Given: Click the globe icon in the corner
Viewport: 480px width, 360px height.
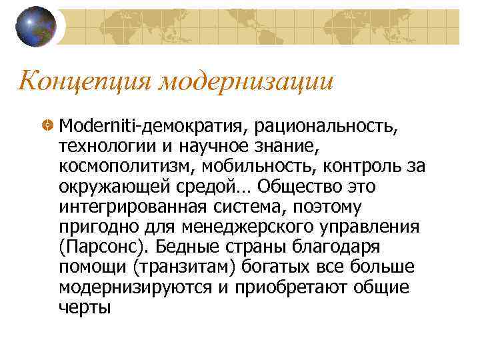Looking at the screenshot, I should point(35,27).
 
